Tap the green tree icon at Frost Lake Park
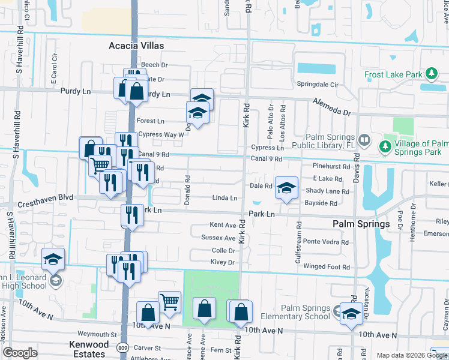430,74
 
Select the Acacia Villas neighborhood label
136,46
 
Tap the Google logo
20,353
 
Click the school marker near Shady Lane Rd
286,188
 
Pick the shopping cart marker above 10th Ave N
170,302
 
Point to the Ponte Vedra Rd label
325,242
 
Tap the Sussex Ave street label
218,238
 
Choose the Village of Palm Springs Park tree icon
385,146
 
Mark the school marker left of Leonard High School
53,260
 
